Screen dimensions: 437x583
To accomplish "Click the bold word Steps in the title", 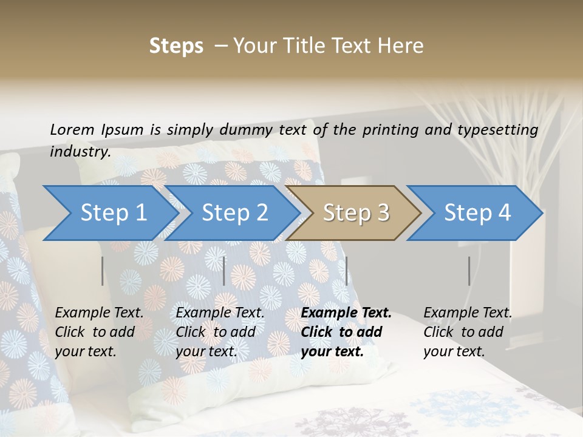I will tap(176, 46).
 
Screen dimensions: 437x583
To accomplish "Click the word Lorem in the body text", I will tap(72, 129).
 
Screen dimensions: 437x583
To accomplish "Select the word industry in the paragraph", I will tap(80, 151).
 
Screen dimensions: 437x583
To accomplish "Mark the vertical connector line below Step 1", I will tap(103, 271).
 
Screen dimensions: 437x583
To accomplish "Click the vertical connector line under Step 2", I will tap(224, 271).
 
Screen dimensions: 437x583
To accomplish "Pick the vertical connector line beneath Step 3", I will tap(346, 271).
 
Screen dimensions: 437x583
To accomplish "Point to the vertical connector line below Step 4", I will tap(469, 271).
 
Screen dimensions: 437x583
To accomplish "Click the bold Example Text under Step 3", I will tap(346, 313).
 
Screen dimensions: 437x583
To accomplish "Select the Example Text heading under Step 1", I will tap(99, 313).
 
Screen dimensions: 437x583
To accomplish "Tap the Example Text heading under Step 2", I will tap(220, 313).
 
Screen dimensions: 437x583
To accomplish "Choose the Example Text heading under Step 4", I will tap(468, 313).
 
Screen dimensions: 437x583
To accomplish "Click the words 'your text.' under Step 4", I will tap(454, 351).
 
